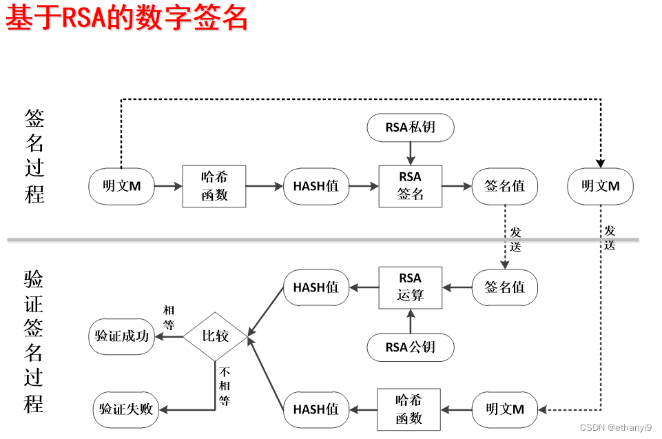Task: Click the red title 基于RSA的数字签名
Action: point(126,19)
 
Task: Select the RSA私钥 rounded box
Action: point(410,127)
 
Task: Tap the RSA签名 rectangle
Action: point(410,185)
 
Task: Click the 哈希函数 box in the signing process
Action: point(214,185)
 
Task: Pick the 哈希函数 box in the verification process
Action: point(408,409)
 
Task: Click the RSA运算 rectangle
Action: point(410,287)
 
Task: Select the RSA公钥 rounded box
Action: point(410,347)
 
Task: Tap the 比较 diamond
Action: point(215,337)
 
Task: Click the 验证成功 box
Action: point(122,337)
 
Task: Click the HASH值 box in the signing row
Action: point(316,185)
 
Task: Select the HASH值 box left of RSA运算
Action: point(316,287)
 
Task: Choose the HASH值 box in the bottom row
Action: point(316,409)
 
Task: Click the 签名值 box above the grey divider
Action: point(505,185)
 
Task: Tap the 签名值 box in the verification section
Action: point(505,287)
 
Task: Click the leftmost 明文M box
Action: point(121,185)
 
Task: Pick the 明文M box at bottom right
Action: point(505,409)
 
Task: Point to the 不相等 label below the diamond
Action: point(225,385)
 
